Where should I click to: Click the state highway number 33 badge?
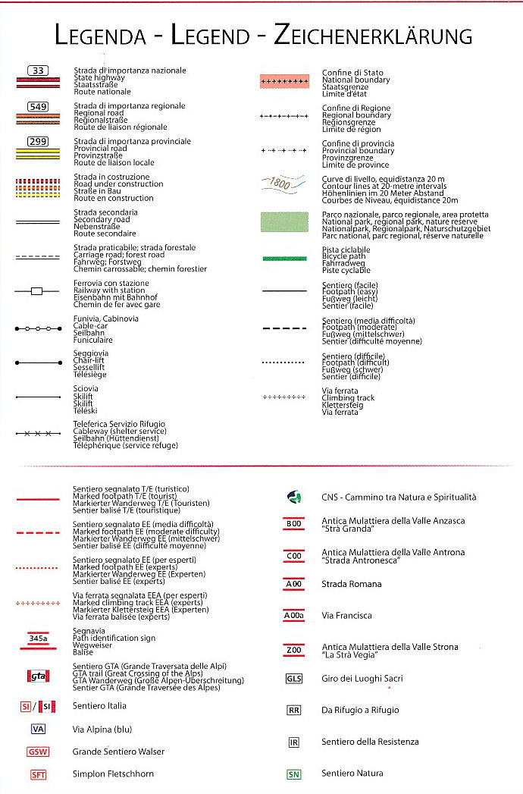click(38, 71)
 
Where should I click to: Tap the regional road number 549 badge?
click(38, 106)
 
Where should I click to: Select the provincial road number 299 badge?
click(38, 142)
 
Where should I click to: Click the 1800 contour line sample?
click(283, 183)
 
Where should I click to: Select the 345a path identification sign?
click(38, 639)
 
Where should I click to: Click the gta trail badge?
click(38, 676)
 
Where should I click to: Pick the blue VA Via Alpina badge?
click(38, 729)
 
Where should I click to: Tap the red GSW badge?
click(38, 752)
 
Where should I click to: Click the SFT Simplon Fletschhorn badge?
click(38, 774)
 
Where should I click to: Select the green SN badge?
click(293, 774)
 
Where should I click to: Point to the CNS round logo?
click(294, 497)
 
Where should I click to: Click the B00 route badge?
click(293, 524)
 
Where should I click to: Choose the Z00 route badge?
click(293, 650)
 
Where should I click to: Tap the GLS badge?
click(293, 679)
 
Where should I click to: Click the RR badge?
click(293, 711)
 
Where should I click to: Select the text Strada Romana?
click(352, 584)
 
